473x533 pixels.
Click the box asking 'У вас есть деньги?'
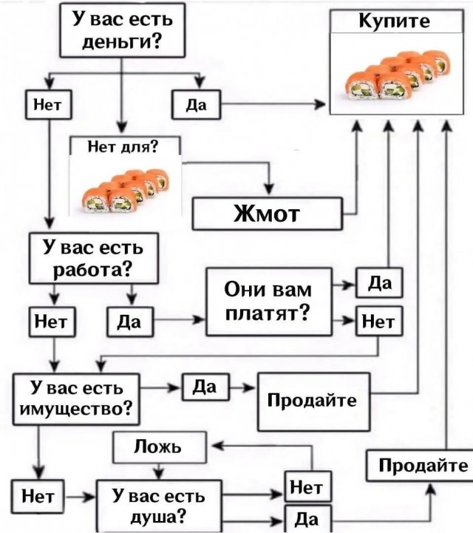(120, 30)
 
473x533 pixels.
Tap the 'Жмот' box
(268, 214)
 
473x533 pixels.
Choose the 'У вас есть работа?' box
(93, 257)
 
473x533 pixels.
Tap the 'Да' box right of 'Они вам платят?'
(378, 283)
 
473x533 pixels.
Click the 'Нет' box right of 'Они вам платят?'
(379, 322)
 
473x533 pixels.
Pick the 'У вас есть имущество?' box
(76, 397)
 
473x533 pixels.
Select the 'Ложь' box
(158, 447)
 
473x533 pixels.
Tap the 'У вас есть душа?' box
(159, 504)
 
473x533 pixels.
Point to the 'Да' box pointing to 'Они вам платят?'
(130, 322)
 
